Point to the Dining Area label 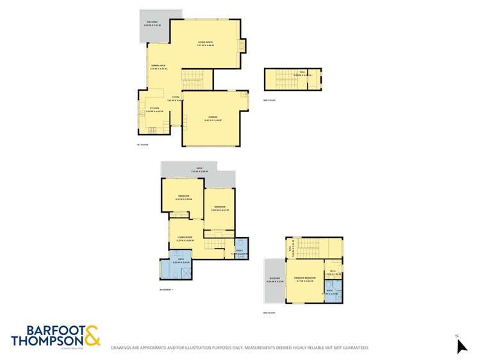tap(159, 67)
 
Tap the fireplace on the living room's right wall tap(242, 46)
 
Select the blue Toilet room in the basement tap(242, 248)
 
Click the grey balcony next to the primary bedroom tap(274, 281)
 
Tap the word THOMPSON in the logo tap(46, 340)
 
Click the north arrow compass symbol tap(461, 345)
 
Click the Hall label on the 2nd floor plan tap(302, 74)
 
